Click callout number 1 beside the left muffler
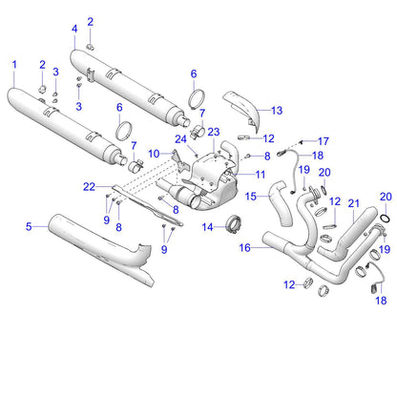coord(14,64)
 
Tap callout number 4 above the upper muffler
coord(74,29)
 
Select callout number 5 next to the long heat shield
coord(29,226)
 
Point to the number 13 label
coord(277,110)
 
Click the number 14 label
coord(206,226)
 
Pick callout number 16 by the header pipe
coord(244,247)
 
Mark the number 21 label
coord(353,203)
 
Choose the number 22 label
coord(90,186)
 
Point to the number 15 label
coord(252,197)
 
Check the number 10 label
coord(153,153)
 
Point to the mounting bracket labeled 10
coord(178,164)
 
